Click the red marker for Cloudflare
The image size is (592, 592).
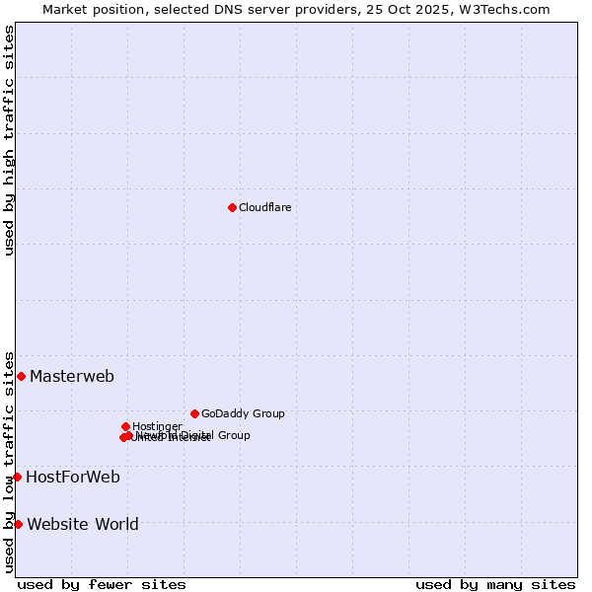pos(232,207)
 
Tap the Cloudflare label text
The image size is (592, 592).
pos(264,207)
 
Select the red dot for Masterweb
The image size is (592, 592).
pos(21,376)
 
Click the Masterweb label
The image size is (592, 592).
pos(72,376)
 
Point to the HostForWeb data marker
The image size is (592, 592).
pos(17,477)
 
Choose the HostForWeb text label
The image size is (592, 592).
pos(73,478)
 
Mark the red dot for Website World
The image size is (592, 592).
pos(18,524)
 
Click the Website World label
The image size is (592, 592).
pos(83,524)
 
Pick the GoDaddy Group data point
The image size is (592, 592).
pos(194,413)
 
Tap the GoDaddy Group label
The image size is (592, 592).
pos(243,413)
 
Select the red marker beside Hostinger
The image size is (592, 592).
pos(125,426)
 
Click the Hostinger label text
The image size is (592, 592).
pos(157,426)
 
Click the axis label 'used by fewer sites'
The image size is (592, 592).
pos(102,584)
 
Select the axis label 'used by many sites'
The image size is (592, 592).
pos(495,584)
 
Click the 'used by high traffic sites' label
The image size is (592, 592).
pos(9,141)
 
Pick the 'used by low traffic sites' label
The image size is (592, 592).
pos(9,462)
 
